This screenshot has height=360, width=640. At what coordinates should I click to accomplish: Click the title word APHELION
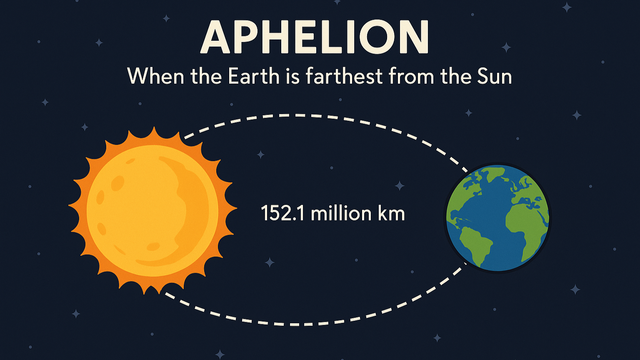coord(314,37)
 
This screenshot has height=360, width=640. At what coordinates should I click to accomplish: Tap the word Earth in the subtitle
coord(254,76)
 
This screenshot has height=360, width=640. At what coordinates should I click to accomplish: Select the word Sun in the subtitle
coord(494,76)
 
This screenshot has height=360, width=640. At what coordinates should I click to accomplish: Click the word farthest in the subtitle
coord(344,75)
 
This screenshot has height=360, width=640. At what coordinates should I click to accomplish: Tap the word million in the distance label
coord(341,213)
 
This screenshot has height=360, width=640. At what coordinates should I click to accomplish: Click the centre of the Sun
coord(152,210)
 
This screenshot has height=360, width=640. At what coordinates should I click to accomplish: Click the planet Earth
coord(498,218)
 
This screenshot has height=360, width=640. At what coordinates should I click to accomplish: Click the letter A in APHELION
coord(215,37)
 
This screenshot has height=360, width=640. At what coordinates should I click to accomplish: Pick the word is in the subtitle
coord(292,76)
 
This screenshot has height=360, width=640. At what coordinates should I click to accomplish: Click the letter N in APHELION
coord(414,37)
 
